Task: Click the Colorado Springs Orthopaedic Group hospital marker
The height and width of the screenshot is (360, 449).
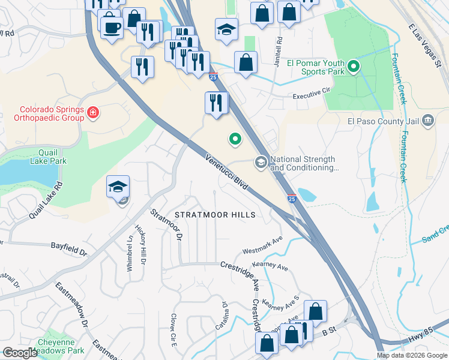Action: [x=93, y=112]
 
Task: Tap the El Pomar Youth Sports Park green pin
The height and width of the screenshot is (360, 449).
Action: [x=354, y=67]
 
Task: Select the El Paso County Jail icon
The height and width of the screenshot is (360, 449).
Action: [x=427, y=121]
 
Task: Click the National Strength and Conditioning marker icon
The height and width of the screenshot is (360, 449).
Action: [x=261, y=161]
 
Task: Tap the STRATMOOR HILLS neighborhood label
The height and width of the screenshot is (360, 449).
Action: [x=215, y=215]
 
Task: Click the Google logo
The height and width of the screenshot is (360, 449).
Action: [x=20, y=353]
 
